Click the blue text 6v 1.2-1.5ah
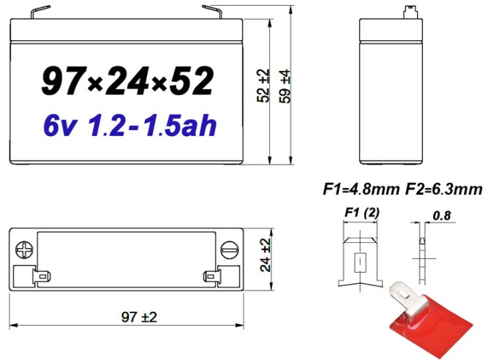129,125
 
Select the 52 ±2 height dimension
263,87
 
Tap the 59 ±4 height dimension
286,87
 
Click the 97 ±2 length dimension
129,316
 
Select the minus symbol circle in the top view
230,248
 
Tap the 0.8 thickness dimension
441,217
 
